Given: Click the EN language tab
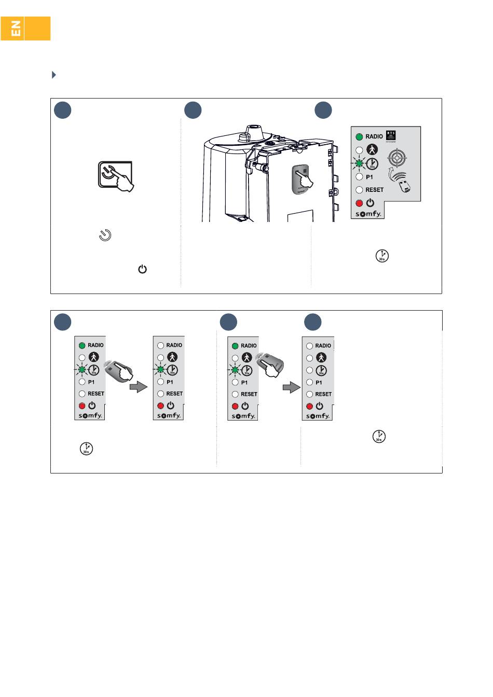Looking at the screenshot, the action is click(x=17, y=29).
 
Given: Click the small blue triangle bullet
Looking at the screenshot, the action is click(x=53, y=75).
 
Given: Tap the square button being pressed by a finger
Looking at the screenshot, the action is click(x=115, y=175).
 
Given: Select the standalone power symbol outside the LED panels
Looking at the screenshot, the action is click(x=142, y=269).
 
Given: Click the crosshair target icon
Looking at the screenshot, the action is click(x=397, y=157).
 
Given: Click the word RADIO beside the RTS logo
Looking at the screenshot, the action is click(x=374, y=137).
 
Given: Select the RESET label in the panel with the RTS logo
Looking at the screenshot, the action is click(x=374, y=190).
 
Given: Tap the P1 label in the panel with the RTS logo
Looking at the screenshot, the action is click(x=369, y=177).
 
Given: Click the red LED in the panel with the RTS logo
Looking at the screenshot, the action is click(x=359, y=203).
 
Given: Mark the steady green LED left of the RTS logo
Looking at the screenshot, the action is click(x=359, y=137).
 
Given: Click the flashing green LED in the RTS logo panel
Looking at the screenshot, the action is click(x=359, y=164).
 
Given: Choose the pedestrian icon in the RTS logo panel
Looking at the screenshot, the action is click(x=372, y=150).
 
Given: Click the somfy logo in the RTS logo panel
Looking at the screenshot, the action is click(x=368, y=214).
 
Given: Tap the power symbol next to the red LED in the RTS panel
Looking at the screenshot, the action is click(x=370, y=203).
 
